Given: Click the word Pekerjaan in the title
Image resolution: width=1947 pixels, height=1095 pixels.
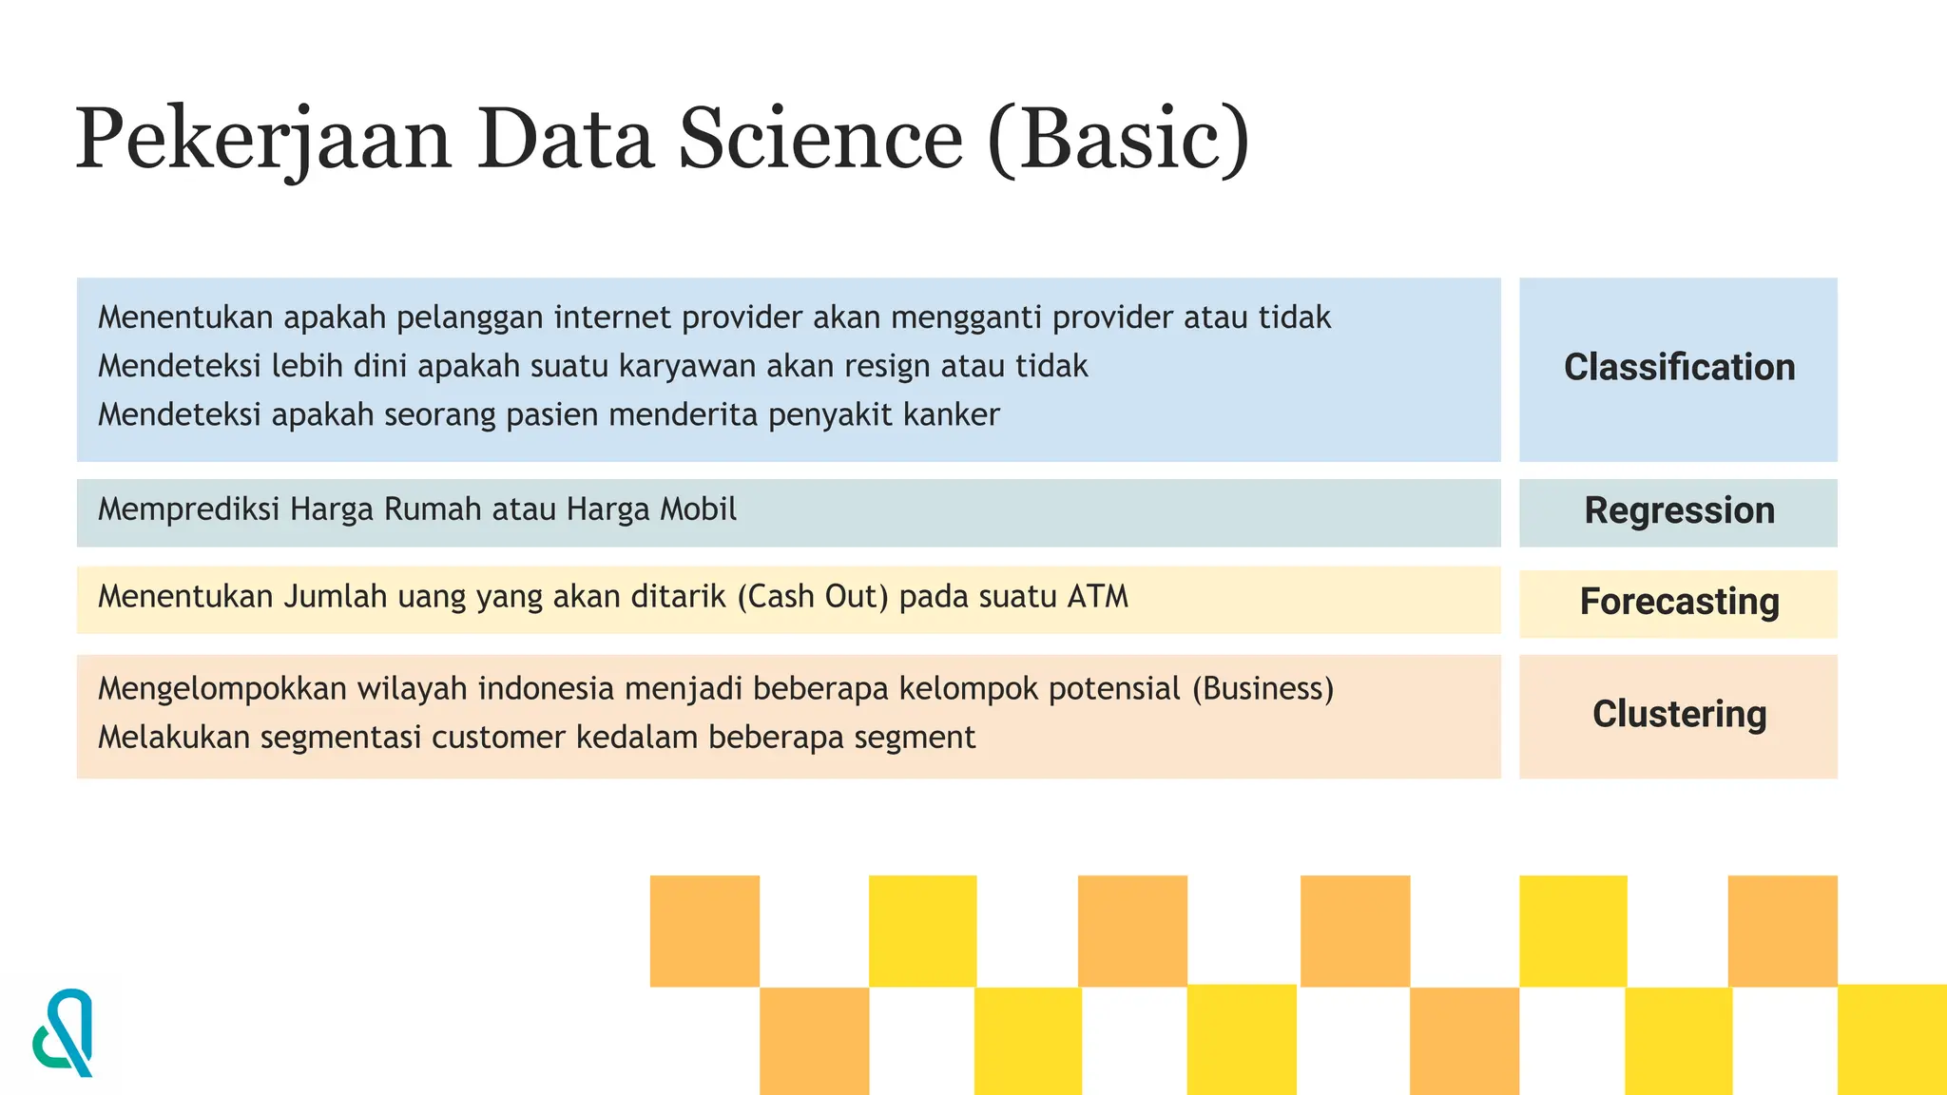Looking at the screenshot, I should [263, 141].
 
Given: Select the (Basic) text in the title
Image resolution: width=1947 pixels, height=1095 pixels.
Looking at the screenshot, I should [1119, 139].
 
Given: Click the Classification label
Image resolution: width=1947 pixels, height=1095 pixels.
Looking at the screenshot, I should [1679, 368].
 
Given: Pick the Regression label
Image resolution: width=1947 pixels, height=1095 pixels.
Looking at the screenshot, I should [1679, 511].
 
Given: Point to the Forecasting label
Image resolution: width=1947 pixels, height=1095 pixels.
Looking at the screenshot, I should [1679, 602].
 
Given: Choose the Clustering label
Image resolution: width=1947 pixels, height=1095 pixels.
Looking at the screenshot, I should [1679, 715].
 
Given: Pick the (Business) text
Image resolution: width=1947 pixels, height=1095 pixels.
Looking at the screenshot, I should [1263, 688].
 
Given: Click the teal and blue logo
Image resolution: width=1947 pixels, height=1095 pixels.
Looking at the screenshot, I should [64, 1033].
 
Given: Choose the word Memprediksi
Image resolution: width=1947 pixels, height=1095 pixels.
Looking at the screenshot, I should [186, 509].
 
